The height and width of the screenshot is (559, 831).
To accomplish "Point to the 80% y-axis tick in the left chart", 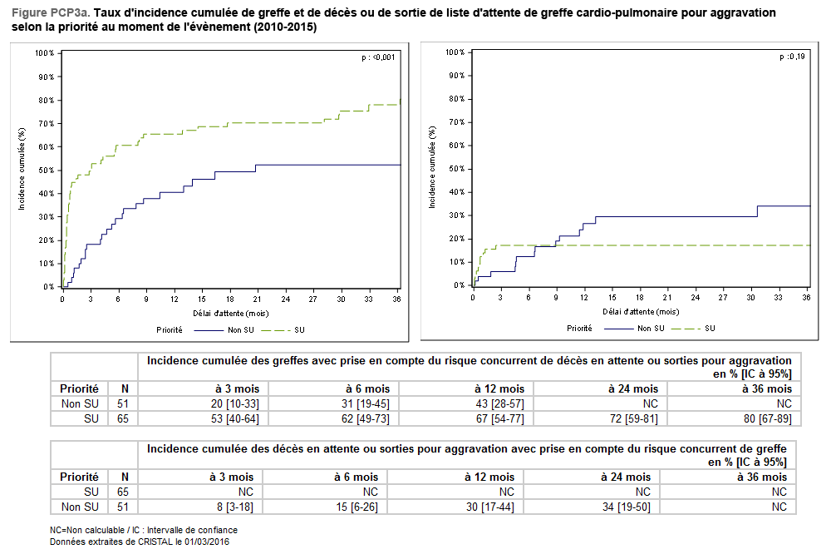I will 45,101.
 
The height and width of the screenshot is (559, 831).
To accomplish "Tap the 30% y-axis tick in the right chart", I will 454,215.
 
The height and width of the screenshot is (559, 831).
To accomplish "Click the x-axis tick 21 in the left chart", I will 258,299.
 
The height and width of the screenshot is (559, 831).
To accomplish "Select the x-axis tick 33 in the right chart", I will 779,297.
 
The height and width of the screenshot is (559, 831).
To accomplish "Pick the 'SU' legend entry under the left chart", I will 299,329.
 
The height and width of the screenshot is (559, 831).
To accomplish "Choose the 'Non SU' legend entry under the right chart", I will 651,328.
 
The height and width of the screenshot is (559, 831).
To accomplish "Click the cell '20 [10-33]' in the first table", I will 235,403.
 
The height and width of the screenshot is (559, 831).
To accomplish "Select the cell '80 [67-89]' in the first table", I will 767,418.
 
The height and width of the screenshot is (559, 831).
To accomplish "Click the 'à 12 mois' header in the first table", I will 499,388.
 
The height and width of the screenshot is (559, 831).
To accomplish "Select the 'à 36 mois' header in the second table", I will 762,477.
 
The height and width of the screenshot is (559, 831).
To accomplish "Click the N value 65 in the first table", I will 125,418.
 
